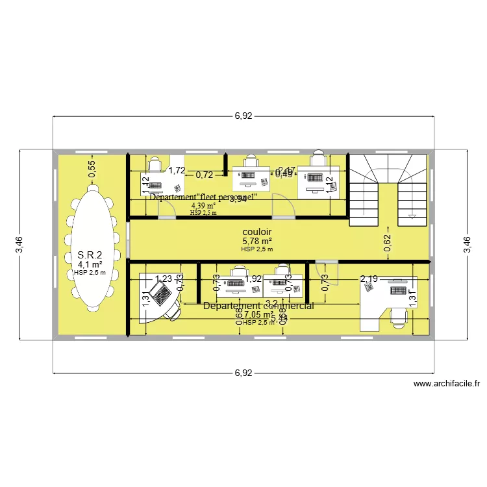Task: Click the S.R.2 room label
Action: pyautogui.click(x=90, y=255)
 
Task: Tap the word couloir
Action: pyautogui.click(x=256, y=231)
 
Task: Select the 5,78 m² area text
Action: pyautogui.click(x=256, y=241)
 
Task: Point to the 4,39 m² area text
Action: pyautogui.click(x=203, y=205)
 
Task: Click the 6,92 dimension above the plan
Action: pyautogui.click(x=243, y=116)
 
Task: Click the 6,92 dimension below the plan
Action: pyautogui.click(x=243, y=373)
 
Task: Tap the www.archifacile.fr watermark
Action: pyautogui.click(x=447, y=384)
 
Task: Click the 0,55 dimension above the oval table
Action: pyautogui.click(x=92, y=169)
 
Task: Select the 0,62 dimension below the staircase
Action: pyautogui.click(x=388, y=243)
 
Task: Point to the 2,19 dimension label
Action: pyautogui.click(x=369, y=279)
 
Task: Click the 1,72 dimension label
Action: pyautogui.click(x=177, y=171)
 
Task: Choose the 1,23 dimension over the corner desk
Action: pyautogui.click(x=163, y=279)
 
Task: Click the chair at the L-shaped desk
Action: pyautogui.click(x=397, y=316)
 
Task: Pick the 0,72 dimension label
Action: pyautogui.click(x=205, y=175)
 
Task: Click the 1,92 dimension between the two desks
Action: pyautogui.click(x=254, y=279)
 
